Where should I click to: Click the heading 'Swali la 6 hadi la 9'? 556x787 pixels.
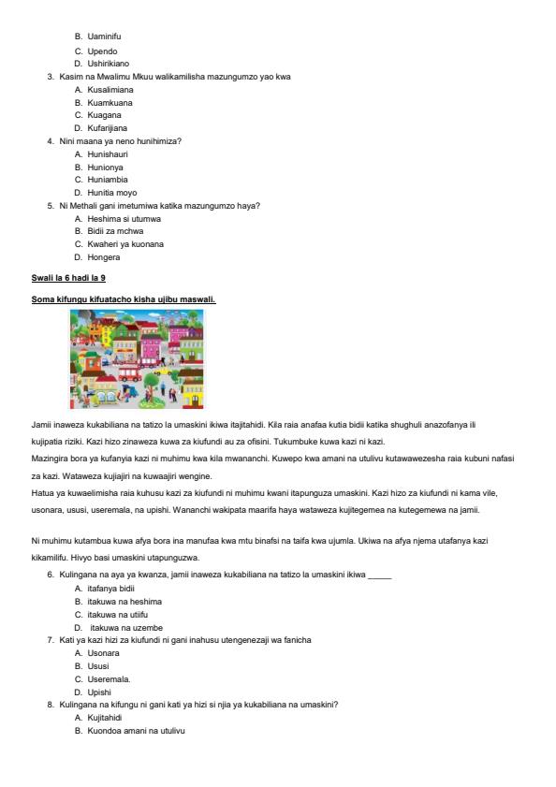pos(67,279)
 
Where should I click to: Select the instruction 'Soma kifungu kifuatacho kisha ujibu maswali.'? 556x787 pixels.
pos(124,299)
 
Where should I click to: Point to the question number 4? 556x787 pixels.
pos(50,140)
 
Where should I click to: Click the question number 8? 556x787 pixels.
pos(50,704)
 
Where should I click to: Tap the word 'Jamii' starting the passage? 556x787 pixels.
pos(41,425)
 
